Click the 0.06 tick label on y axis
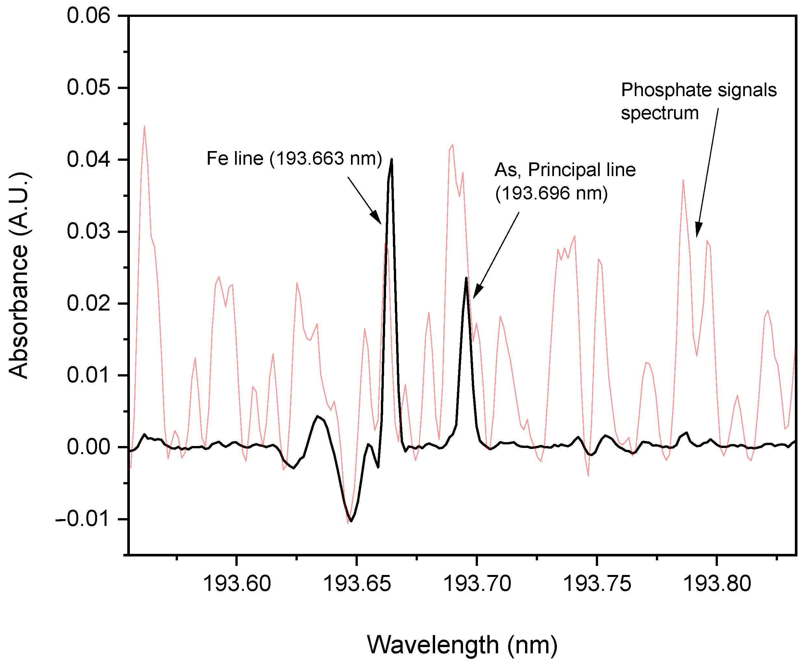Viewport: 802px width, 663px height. pyautogui.click(x=89, y=16)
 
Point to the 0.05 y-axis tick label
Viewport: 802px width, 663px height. pyautogui.click(x=89, y=87)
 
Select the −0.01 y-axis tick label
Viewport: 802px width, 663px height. pyautogui.click(x=83, y=519)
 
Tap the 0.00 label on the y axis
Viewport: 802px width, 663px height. pyautogui.click(x=89, y=447)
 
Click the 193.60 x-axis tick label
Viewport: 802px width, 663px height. pyautogui.click(x=237, y=583)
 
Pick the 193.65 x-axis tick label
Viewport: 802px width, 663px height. pyautogui.click(x=357, y=583)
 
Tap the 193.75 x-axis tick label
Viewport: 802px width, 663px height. pyautogui.click(x=597, y=583)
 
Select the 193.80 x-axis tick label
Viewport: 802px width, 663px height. pyautogui.click(x=717, y=583)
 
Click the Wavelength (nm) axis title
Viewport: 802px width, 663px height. pyautogui.click(x=462, y=645)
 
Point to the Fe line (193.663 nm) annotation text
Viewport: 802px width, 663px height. pyautogui.click(x=294, y=159)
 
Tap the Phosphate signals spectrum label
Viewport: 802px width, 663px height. pyautogui.click(x=698, y=101)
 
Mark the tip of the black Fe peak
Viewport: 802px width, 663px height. pyautogui.click(x=392, y=159)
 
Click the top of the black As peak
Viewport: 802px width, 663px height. pyautogui.click(x=466, y=278)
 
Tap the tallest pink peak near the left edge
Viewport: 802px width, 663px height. pyautogui.click(x=144, y=126)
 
